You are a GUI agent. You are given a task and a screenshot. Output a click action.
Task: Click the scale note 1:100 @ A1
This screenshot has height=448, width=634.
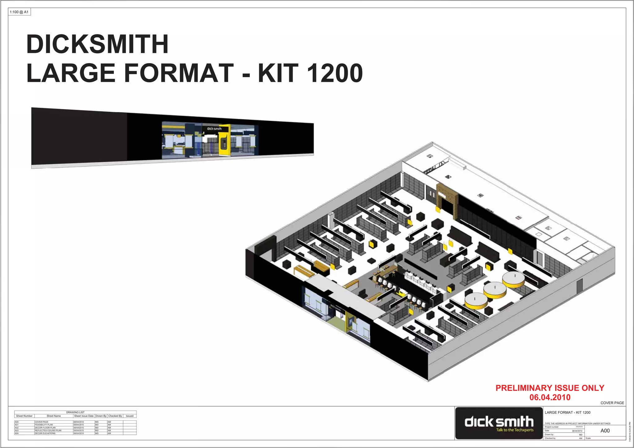point(19,12)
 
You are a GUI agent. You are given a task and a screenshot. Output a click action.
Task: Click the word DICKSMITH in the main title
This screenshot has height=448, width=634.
point(98,44)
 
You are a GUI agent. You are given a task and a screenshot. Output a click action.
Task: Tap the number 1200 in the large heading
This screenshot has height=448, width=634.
point(335,73)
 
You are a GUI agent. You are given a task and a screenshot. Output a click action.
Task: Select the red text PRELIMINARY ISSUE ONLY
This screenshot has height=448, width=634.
point(550,388)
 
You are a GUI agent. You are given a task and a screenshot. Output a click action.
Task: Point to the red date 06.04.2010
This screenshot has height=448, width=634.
point(550,397)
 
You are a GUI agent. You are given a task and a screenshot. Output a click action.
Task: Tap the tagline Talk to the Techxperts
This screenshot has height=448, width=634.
point(515,430)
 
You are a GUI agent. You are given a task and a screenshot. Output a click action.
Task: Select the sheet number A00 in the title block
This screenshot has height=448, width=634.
point(605,431)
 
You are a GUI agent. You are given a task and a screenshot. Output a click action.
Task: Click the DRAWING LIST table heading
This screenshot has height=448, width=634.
point(75,412)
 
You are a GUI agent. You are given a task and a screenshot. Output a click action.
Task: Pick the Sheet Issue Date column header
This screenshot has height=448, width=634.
point(84,416)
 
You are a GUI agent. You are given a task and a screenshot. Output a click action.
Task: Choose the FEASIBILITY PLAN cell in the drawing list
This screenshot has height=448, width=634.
point(44,425)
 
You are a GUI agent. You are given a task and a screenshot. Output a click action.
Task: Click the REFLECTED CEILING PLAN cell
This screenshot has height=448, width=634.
point(48,431)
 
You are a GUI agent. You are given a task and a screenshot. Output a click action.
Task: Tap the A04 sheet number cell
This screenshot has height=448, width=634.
point(17,433)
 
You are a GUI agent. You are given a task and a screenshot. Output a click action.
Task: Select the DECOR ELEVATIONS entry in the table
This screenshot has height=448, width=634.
point(45,433)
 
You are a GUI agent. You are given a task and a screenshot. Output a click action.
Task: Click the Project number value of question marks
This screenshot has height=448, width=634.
point(579,427)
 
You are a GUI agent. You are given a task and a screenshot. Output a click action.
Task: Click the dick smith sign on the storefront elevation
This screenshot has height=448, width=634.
point(214,129)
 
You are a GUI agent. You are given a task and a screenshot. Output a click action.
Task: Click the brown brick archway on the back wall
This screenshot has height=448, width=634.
point(447,198)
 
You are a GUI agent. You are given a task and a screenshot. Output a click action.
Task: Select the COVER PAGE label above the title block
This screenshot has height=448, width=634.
point(612,403)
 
